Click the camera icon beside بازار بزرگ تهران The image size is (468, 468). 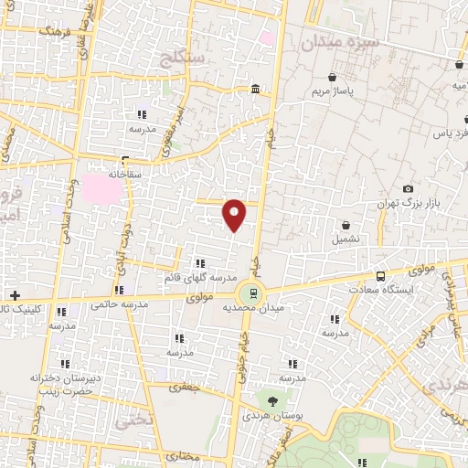408,188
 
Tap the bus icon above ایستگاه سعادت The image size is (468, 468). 380,275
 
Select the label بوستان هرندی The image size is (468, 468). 271,416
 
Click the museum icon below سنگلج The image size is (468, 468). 255,90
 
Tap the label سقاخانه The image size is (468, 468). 126,172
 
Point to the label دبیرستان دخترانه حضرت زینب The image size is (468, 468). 61,382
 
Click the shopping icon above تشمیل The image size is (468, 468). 346,225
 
